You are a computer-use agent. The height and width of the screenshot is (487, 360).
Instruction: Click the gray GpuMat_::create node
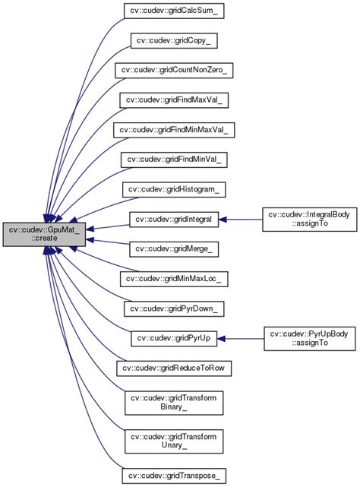[x=44, y=234]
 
